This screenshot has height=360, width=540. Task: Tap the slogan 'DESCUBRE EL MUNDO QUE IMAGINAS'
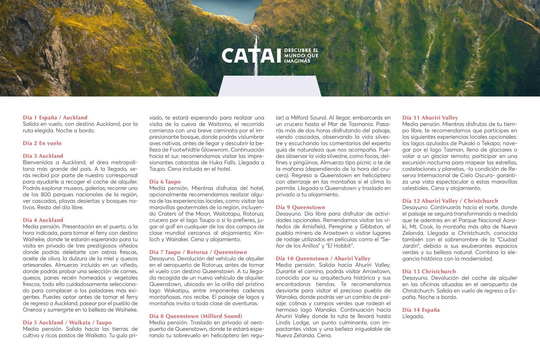point(301,55)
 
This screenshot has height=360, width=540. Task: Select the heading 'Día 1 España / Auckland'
point(55,118)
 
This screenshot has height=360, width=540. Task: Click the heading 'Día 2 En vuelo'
point(42,143)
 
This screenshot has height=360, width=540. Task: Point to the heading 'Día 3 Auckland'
point(43,156)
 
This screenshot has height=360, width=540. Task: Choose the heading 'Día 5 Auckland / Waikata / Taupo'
point(67,322)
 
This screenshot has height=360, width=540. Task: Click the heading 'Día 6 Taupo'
point(165,182)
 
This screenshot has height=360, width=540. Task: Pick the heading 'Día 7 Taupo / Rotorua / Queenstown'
point(198,252)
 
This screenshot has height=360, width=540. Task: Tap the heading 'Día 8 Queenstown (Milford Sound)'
point(196,316)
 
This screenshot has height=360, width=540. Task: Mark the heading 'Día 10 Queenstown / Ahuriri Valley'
point(323,259)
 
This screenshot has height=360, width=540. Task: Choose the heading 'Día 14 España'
point(421,310)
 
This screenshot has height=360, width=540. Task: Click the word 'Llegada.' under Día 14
point(413,316)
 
